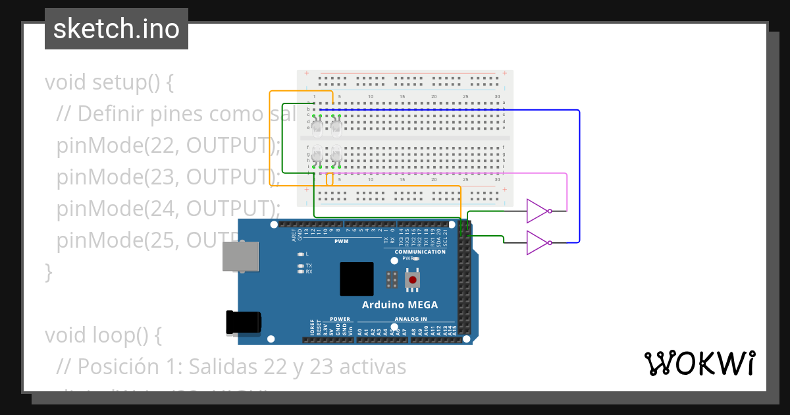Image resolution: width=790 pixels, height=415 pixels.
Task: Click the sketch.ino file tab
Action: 117,29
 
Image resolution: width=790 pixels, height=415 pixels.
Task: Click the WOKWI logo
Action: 699,363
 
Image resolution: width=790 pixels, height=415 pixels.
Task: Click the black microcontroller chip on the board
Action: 356,279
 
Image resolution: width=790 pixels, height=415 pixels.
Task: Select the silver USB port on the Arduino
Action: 241,256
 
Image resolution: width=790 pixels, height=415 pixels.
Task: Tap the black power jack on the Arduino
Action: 243,321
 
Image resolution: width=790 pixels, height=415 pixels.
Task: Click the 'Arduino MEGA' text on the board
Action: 400,305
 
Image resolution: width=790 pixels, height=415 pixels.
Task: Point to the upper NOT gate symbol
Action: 538,211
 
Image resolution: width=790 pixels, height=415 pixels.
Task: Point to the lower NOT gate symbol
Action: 538,242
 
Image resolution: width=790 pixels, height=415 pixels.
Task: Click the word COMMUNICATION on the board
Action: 420,252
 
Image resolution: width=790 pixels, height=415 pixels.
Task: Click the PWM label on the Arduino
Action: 341,241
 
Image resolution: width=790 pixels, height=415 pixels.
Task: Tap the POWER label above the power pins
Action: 340,319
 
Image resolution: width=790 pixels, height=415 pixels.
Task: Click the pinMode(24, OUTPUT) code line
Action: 168,209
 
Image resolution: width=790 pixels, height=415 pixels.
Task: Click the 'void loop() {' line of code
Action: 103,335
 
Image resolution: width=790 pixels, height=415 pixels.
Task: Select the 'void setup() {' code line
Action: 109,83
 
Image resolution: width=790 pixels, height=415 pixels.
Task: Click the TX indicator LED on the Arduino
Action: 301,265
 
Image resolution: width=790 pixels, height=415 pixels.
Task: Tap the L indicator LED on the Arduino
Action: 301,254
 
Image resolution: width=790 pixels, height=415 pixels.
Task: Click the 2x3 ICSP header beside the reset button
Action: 392,279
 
